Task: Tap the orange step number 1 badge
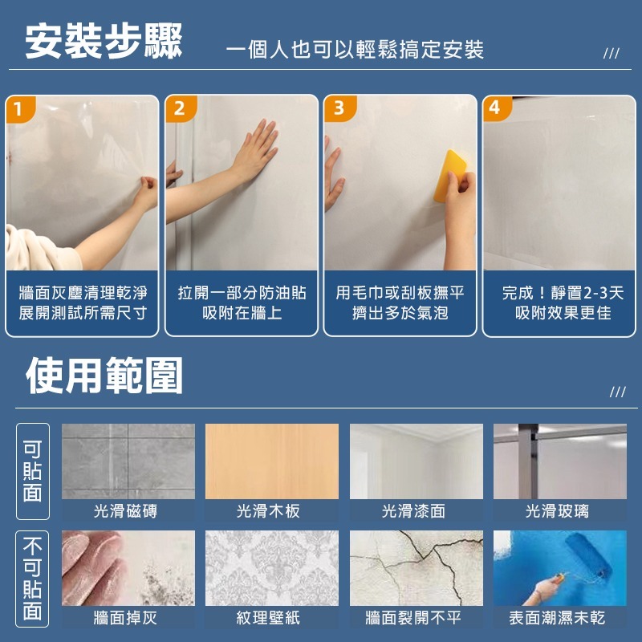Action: [x=18, y=108]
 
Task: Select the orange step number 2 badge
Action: [x=179, y=108]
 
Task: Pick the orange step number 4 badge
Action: [x=495, y=108]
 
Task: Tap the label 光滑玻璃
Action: [x=558, y=511]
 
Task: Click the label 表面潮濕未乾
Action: [x=558, y=617]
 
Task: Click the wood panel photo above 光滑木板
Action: [x=272, y=461]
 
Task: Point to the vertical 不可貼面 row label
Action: [x=32, y=579]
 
